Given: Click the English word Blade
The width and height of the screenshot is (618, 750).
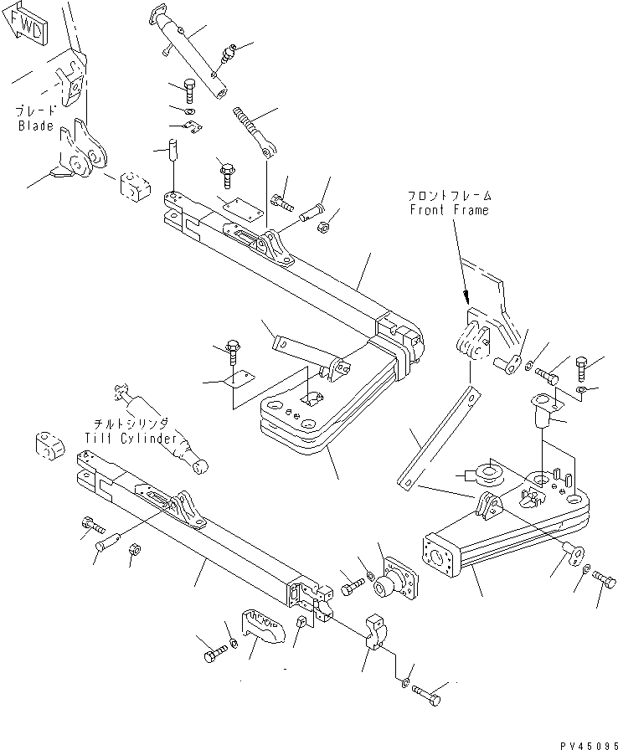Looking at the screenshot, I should coord(36,126).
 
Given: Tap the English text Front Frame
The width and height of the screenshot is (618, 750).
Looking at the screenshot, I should coord(448,211).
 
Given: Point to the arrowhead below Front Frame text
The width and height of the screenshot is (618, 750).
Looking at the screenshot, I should coord(466,296).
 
